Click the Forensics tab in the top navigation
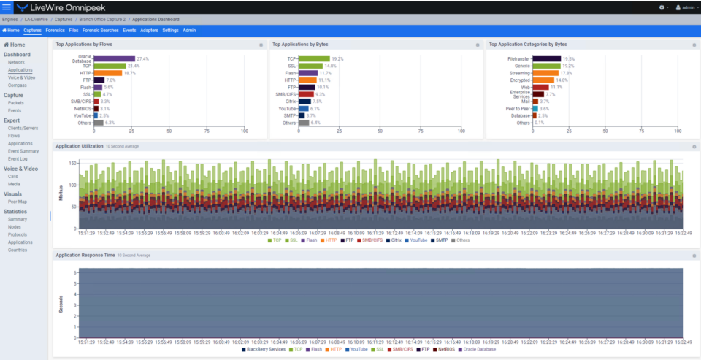[55, 31]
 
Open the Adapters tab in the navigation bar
[149, 31]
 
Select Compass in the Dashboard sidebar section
[18, 85]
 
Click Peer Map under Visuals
[18, 202]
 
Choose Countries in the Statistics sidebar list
[18, 250]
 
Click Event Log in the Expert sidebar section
[18, 158]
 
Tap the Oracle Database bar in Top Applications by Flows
[115, 58]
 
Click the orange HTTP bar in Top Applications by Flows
[108, 73]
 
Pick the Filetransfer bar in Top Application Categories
[547, 58]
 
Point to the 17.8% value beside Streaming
[567, 73]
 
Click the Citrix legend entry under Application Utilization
[395, 240]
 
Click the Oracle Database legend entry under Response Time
[479, 350]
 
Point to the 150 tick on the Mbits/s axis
[72, 164]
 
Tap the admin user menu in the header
[686, 7]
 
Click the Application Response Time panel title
[85, 256]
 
